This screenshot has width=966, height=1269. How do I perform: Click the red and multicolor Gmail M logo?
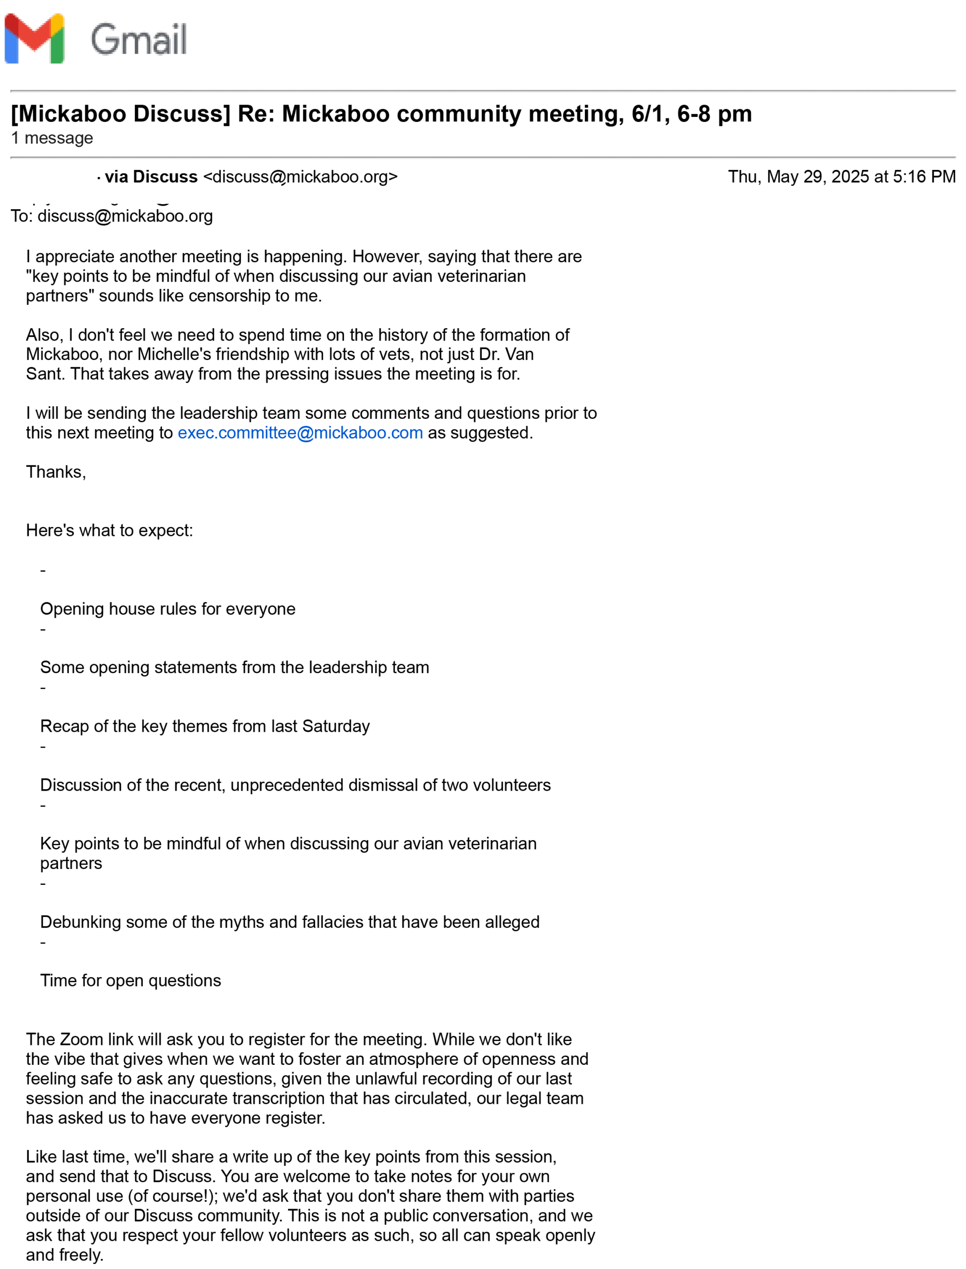click(35, 39)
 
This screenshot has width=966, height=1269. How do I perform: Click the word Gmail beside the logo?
click(139, 39)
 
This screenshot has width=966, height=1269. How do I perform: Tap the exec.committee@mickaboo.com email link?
click(300, 432)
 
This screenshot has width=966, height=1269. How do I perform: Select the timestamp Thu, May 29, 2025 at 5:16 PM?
click(841, 176)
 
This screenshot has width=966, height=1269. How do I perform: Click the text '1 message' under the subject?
click(52, 138)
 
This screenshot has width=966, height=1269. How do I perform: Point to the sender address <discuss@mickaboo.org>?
click(300, 176)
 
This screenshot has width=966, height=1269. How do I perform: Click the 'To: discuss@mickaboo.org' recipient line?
click(112, 216)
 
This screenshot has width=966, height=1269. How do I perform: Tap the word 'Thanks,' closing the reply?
click(56, 472)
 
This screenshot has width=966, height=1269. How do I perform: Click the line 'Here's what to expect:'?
click(109, 530)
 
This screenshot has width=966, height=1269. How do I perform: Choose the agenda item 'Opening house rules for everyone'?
click(168, 609)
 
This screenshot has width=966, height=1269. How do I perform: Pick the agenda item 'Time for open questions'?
click(130, 981)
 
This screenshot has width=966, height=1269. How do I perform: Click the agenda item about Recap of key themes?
click(205, 726)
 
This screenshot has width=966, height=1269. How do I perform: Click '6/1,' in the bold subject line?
click(651, 114)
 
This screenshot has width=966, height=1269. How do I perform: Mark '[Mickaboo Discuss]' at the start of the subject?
click(120, 114)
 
